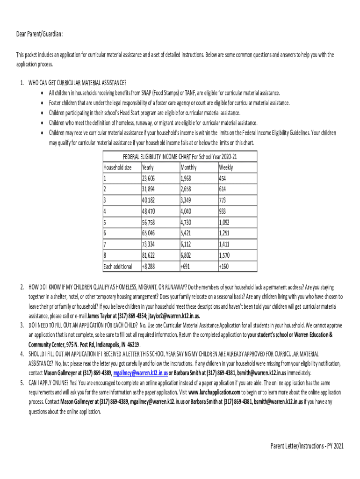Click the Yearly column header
tap(148, 167)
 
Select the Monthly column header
tap(188, 167)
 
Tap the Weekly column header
tap(226, 167)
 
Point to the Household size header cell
tap(117, 167)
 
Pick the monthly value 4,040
tap(187, 211)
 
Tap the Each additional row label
tap(118, 267)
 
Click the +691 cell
tap(186, 267)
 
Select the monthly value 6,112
tap(187, 245)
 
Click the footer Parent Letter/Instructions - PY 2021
tap(307, 446)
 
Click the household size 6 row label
tap(105, 233)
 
